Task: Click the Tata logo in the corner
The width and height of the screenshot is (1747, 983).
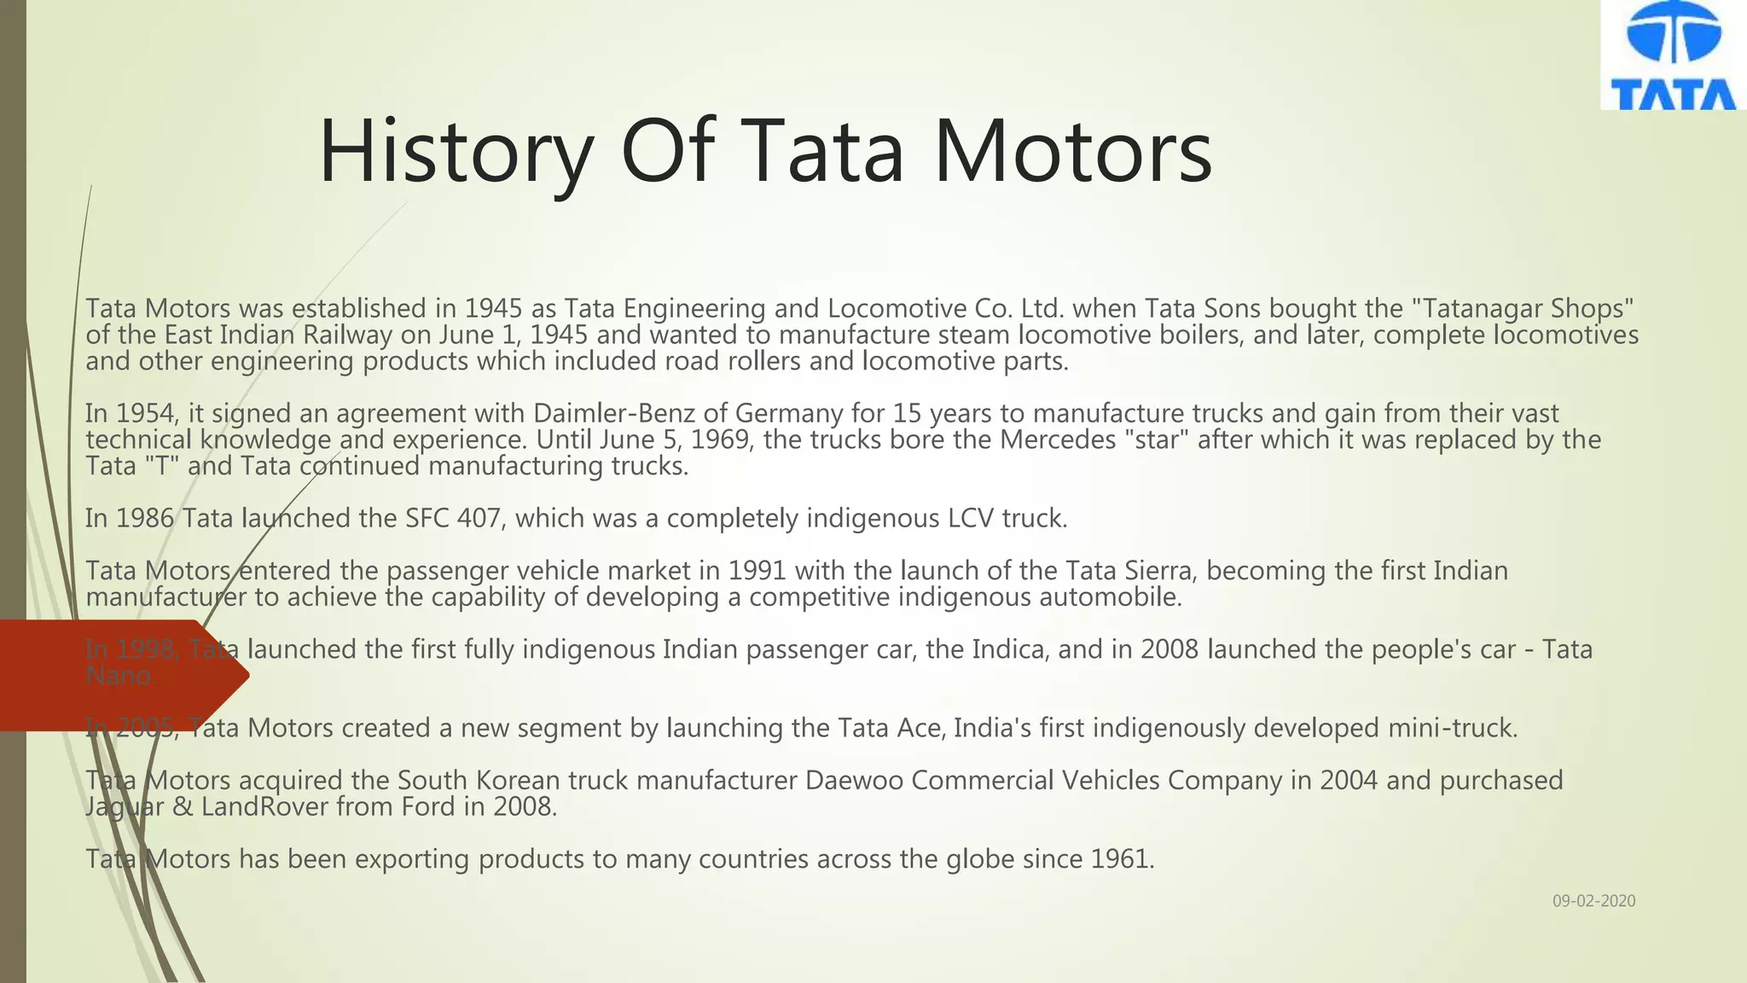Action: coord(1673,55)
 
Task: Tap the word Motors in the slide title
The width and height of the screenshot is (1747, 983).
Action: coord(1073,152)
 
